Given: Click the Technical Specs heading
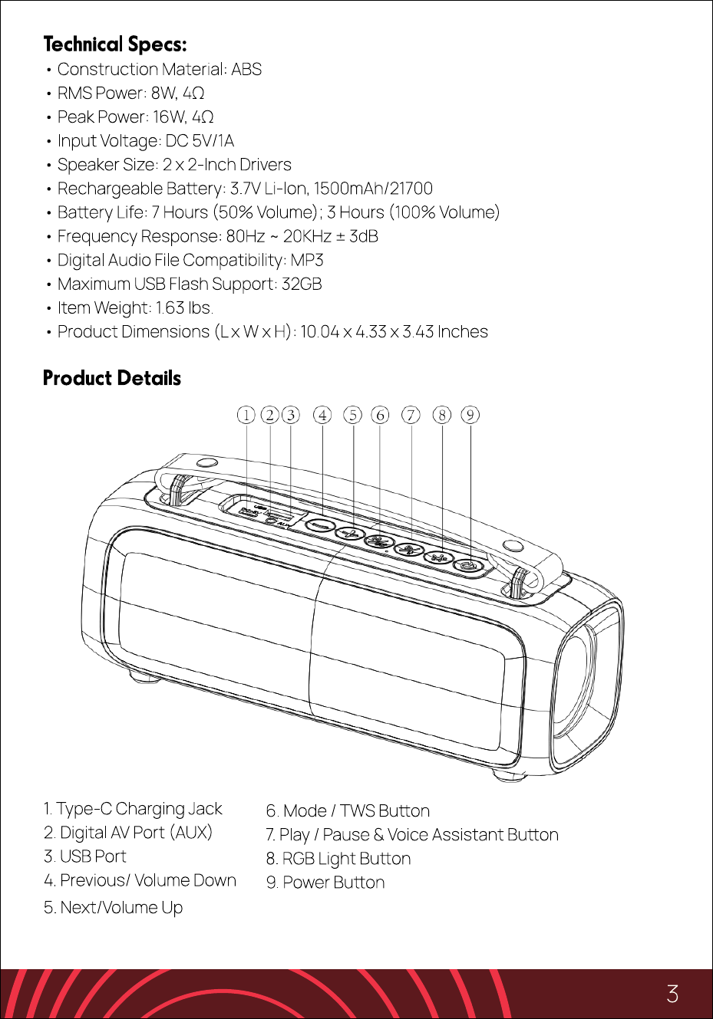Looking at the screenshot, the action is click(115, 44).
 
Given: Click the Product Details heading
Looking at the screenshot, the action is click(112, 378).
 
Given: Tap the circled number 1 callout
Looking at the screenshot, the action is click(246, 415).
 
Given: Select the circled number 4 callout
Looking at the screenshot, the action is click(322, 415).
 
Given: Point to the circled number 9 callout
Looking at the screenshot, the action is click(470, 415).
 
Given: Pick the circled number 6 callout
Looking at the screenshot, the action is click(380, 415).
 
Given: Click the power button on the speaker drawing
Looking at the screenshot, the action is click(467, 565).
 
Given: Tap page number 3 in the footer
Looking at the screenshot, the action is click(672, 994).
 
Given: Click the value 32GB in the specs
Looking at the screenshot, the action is click(302, 284).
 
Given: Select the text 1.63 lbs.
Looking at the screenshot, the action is click(184, 308).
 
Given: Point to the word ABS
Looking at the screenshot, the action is click(246, 69).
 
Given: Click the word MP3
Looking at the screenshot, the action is click(307, 260).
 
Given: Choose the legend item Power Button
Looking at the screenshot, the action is click(325, 883).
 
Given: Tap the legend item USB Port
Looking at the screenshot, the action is click(85, 856).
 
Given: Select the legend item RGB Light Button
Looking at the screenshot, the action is click(338, 859).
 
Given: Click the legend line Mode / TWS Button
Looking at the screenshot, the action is click(348, 811).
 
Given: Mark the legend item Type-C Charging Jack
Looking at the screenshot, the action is click(133, 809).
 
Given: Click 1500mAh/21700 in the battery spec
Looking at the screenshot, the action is click(373, 189).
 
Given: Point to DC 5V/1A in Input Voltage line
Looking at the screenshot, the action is click(200, 141).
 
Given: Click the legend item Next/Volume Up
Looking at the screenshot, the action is click(114, 908).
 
